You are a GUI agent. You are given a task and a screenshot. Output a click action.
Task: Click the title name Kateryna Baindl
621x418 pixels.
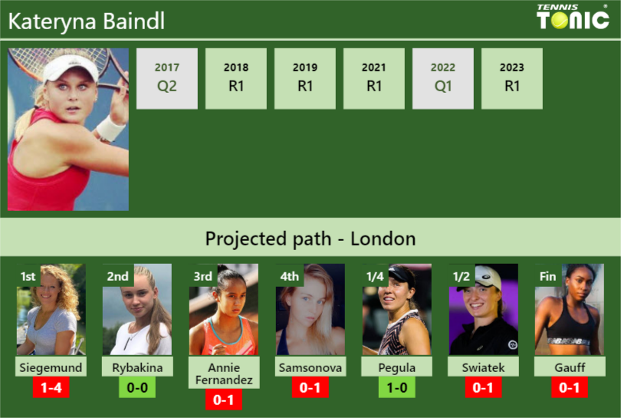(86, 21)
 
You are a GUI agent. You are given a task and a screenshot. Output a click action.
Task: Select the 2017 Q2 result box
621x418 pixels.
(167, 78)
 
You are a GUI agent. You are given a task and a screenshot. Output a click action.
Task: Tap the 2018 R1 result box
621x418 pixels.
(236, 78)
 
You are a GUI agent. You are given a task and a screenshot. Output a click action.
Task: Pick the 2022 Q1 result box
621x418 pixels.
(443, 78)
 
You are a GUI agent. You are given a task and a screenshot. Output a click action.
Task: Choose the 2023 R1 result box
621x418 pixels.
(512, 78)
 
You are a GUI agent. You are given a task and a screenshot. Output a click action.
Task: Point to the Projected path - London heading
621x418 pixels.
(310, 239)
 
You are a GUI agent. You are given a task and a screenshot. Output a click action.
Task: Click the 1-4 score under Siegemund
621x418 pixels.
(51, 388)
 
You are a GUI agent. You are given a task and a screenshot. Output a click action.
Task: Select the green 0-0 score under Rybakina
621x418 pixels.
(138, 388)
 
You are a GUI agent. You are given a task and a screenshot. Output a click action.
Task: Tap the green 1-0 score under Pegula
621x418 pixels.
(397, 388)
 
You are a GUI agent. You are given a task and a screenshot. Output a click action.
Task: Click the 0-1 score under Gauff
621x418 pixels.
(570, 388)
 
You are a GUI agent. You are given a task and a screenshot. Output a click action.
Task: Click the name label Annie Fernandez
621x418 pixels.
(224, 374)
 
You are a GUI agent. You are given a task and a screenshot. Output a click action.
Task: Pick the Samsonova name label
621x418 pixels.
(310, 367)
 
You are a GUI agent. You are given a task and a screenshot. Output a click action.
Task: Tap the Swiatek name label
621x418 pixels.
(483, 367)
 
